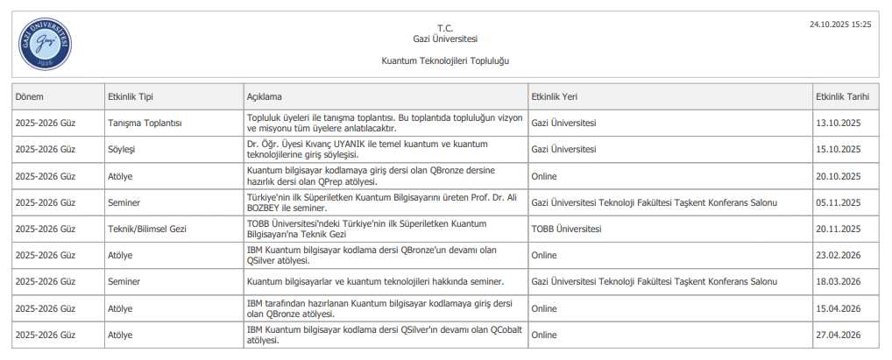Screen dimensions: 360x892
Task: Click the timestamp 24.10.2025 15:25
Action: point(840,25)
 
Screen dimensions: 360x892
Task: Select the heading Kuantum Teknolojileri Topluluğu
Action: point(445,61)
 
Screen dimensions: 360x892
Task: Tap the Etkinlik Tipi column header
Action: point(130,96)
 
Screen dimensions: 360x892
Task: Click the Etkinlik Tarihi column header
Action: point(840,96)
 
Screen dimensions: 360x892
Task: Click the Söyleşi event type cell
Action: point(121,149)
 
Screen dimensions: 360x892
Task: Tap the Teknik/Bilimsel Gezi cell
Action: point(147,229)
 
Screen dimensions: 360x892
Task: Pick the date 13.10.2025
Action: point(839,123)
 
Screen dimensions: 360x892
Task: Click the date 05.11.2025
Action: point(839,202)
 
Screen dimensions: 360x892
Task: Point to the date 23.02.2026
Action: point(839,255)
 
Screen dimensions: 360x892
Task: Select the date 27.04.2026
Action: point(839,335)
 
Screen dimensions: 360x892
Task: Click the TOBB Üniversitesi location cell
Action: point(566,229)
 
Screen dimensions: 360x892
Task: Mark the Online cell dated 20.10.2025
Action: point(544,176)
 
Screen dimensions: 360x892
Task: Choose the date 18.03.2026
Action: point(839,281)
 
